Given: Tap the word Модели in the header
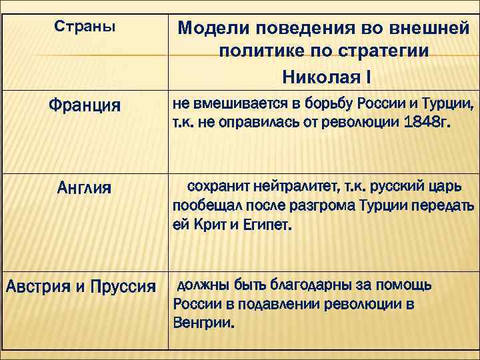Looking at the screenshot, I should click(x=211, y=28).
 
